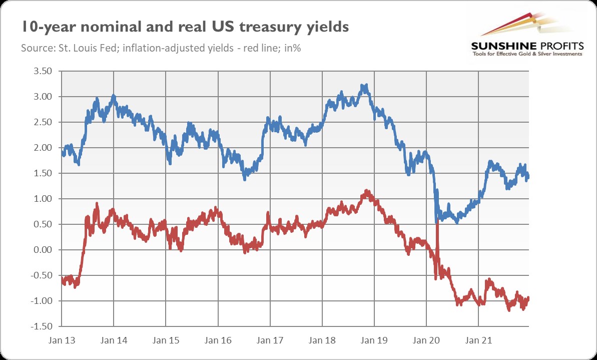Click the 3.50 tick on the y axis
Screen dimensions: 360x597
coord(43,71)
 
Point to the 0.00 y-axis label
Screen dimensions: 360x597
coord(43,250)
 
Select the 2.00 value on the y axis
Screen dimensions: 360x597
coord(43,148)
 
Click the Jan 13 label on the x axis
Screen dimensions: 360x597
coord(62,340)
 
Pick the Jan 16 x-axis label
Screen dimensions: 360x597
coord(218,340)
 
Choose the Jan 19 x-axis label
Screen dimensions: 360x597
coord(374,340)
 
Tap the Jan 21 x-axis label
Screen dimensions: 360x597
coord(478,340)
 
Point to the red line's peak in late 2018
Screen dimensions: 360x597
coord(367,191)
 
